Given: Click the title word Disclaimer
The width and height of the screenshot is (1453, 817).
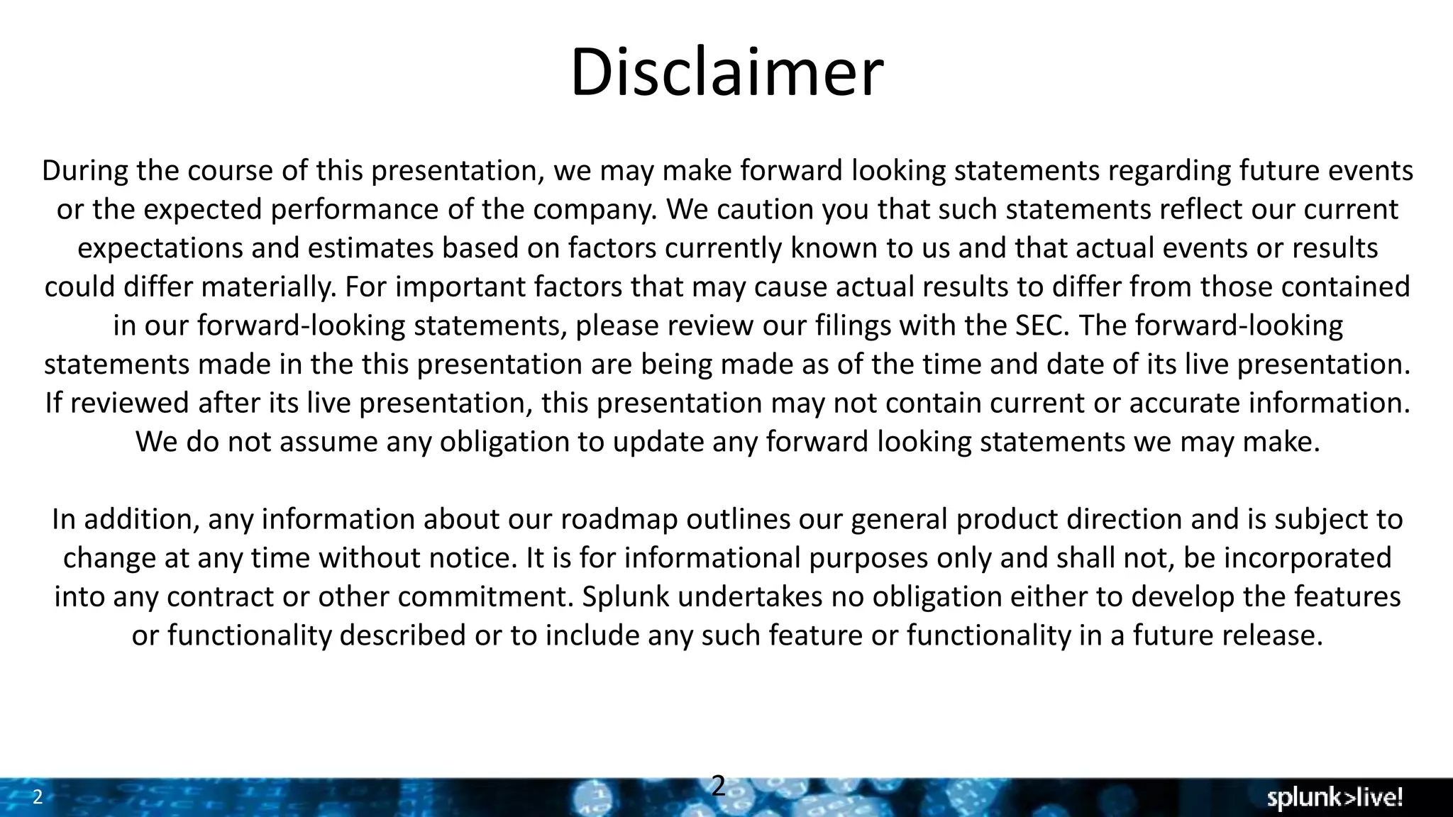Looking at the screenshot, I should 726,72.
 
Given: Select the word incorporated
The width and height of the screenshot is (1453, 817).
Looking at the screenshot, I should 1308,557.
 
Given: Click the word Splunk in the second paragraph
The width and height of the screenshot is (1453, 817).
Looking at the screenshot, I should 625,596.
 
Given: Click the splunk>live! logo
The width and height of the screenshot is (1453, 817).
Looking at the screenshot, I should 1335,798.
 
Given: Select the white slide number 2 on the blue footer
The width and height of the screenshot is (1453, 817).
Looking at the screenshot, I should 38,797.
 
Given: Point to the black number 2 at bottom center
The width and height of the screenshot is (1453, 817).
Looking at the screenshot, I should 718,786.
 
